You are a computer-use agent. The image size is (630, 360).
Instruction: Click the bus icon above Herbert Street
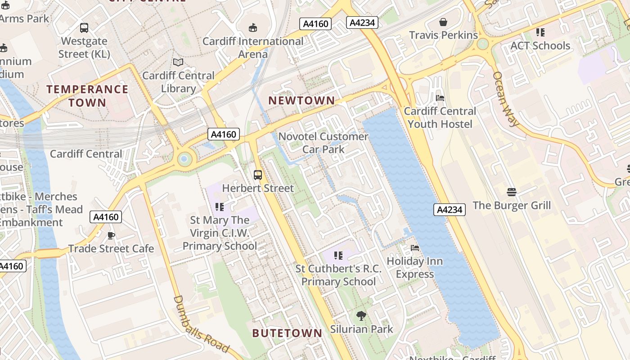(258, 175)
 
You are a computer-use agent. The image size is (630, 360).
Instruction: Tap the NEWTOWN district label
(301, 101)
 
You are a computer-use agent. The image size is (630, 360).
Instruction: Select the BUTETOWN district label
(287, 333)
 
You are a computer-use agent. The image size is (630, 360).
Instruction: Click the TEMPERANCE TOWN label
(87, 96)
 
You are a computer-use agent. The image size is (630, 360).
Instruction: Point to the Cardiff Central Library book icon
(178, 63)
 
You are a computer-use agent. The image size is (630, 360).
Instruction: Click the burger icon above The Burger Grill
(511, 192)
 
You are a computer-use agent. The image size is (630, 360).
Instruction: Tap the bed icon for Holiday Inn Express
(415, 248)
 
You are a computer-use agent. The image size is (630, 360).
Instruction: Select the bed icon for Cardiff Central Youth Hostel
(440, 98)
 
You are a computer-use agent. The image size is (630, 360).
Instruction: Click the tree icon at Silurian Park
(361, 316)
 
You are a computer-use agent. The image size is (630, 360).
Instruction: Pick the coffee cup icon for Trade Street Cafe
(111, 235)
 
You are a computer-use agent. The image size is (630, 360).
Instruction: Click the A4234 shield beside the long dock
(450, 209)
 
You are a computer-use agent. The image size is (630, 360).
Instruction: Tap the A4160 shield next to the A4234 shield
(315, 23)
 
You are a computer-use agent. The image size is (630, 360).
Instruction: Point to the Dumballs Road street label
(201, 324)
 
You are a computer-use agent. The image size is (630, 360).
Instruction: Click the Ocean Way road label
(506, 99)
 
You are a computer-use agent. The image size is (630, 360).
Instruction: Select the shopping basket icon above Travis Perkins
(443, 22)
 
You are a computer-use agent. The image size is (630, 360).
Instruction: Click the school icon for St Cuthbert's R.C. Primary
(338, 256)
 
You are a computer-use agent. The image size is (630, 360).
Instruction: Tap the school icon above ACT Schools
(540, 32)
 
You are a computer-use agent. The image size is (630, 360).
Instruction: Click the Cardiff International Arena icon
(253, 28)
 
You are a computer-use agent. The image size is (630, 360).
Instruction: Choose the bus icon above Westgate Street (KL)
(84, 28)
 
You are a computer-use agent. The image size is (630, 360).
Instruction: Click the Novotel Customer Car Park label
(323, 143)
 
